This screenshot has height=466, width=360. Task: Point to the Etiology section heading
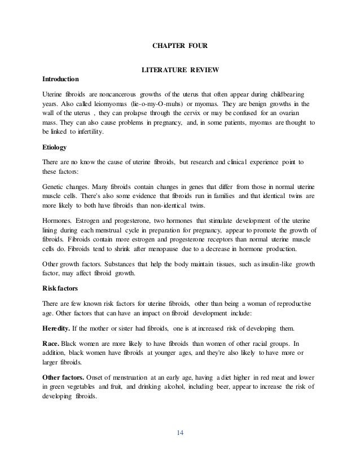coord(55,147)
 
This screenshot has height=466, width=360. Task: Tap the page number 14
coord(180,433)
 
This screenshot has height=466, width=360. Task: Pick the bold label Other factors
coord(65,376)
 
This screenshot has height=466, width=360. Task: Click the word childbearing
coord(282,92)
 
